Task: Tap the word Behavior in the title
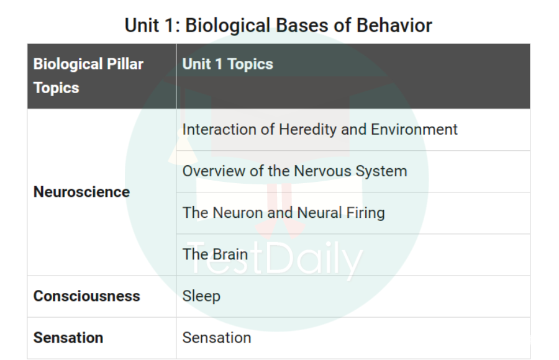point(394,25)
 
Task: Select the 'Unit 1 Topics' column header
point(227,64)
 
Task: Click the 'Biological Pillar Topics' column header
point(88,76)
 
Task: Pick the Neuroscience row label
point(81,192)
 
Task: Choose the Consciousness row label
point(86,296)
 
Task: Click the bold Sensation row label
point(68,338)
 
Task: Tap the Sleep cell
point(201,297)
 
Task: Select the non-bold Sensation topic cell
point(217,338)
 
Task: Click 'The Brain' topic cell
point(215,254)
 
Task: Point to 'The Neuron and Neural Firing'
point(283,213)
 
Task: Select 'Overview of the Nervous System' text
point(294,171)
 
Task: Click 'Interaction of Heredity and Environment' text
point(320,130)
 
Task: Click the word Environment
point(414,129)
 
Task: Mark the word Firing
point(365,213)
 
